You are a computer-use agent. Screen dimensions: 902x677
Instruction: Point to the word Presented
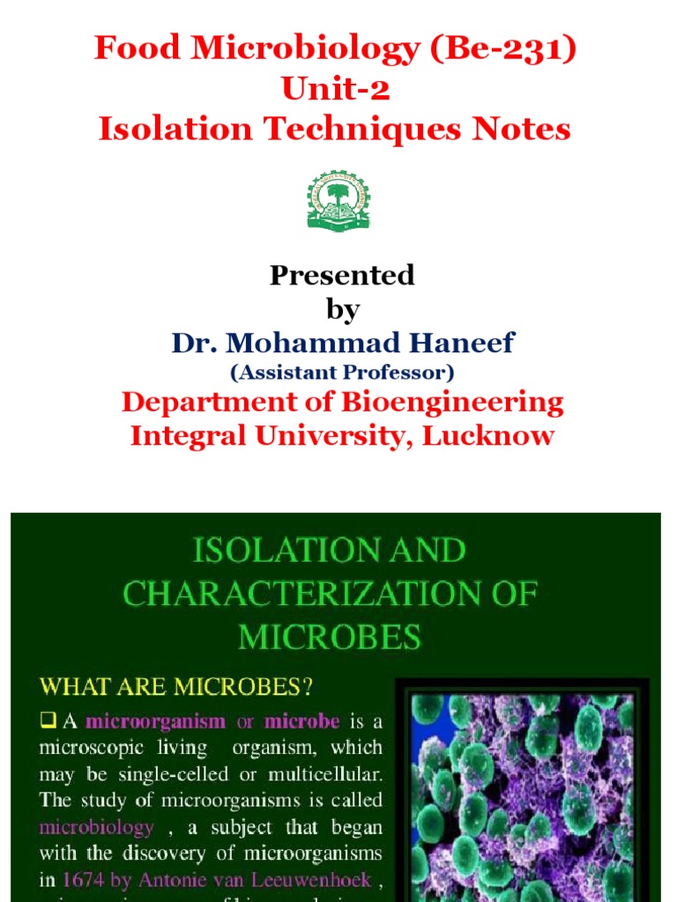click(342, 276)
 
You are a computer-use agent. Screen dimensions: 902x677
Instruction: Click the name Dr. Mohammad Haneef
click(342, 343)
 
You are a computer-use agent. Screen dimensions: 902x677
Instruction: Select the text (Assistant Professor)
click(342, 373)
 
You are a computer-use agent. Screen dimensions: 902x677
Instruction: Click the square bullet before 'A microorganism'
click(48, 721)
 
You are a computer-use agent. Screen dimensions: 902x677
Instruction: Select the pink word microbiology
click(95, 828)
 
